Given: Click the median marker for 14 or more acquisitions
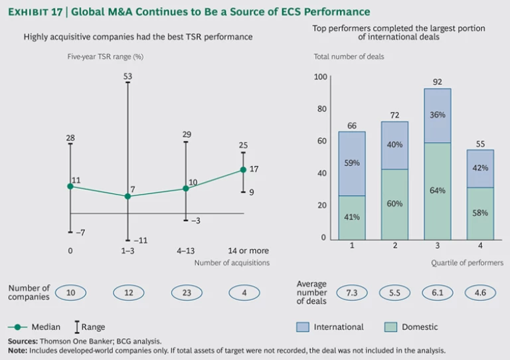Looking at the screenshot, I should pos(244,170).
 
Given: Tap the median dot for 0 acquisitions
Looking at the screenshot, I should pos(70,186).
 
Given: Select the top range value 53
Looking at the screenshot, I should pos(127,77).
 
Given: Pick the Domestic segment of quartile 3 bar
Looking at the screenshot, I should pos(437,191).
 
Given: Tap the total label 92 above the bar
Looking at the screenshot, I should pos(437,82).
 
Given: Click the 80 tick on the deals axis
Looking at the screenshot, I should pos(321,109).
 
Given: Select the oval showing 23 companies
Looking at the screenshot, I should pos(186,292).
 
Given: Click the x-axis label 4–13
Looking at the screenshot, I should pos(186,251).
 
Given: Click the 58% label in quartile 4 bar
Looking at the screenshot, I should pos(480,213).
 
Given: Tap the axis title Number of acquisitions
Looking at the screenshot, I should pos(232,263).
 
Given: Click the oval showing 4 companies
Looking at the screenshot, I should pos(244,292).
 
